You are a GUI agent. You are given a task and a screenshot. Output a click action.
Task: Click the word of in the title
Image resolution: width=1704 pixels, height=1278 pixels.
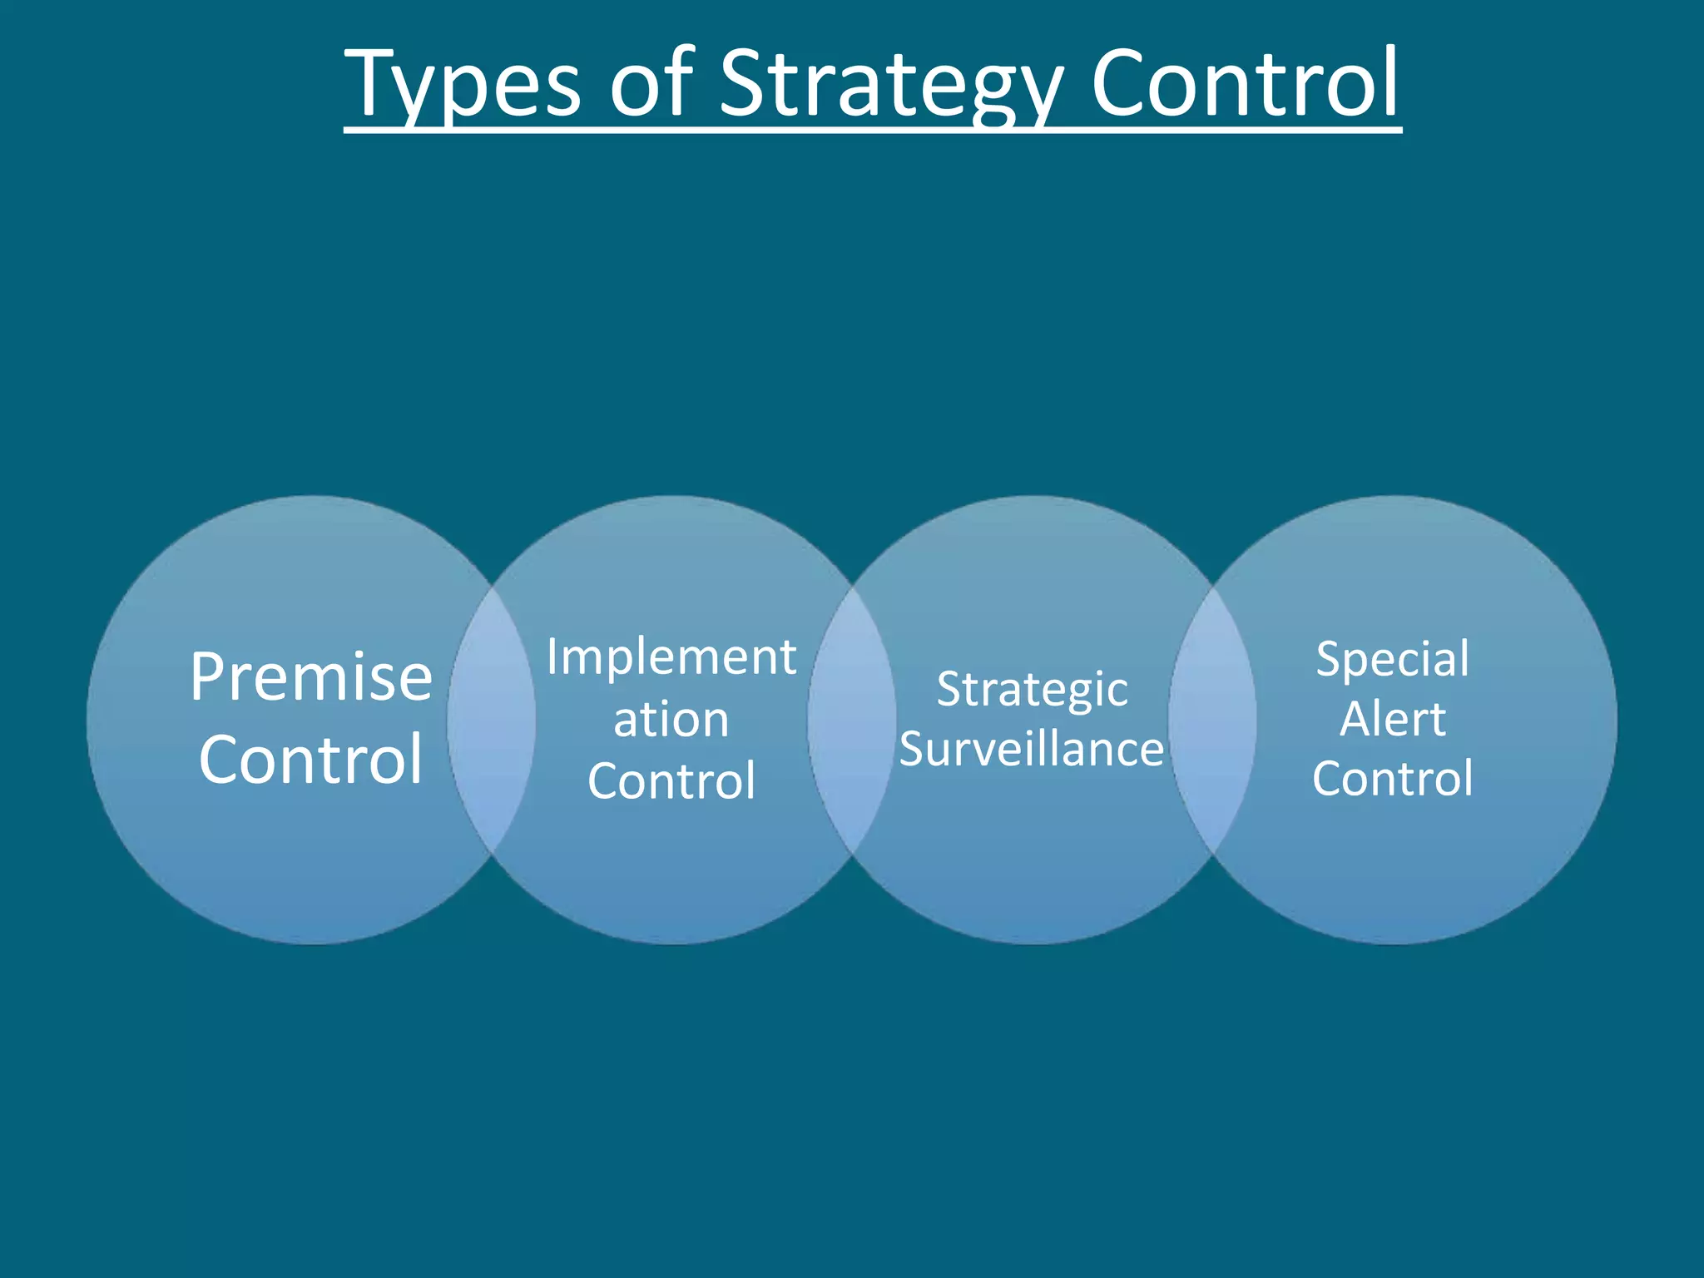(x=651, y=83)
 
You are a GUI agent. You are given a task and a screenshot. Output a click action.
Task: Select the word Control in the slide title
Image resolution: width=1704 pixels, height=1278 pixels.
(x=1246, y=83)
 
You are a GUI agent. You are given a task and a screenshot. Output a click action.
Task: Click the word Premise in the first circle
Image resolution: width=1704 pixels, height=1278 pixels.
(x=311, y=678)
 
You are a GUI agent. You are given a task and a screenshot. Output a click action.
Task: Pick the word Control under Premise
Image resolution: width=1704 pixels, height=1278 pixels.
(x=311, y=759)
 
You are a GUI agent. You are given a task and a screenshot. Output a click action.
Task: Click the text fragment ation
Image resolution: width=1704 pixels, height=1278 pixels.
(x=671, y=720)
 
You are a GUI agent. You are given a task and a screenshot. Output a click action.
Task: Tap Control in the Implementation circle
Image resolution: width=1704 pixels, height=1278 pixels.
(x=671, y=781)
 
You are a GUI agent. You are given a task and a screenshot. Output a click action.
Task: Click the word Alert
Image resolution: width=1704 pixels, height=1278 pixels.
(x=1393, y=720)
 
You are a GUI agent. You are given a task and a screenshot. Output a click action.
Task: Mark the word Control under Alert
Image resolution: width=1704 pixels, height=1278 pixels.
(x=1393, y=779)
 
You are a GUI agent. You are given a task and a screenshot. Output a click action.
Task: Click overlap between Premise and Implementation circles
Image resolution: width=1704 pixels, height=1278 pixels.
(x=491, y=721)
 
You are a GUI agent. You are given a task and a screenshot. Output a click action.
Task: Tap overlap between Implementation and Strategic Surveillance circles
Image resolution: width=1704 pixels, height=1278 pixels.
(x=851, y=721)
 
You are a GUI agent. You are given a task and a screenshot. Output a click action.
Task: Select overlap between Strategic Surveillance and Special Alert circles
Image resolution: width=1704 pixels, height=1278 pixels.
(x=1212, y=721)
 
